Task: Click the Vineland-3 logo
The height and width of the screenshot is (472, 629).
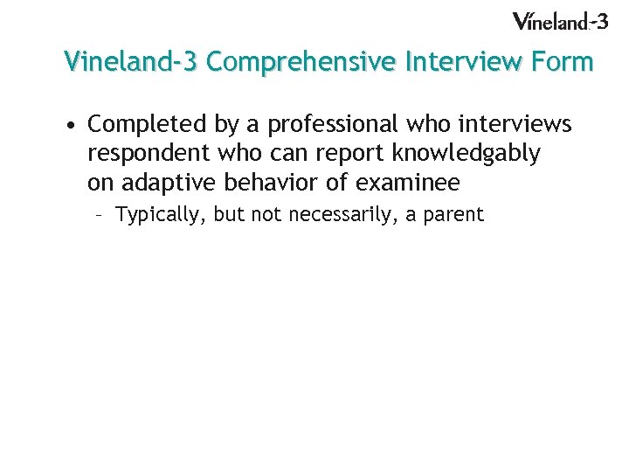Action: pos(559,21)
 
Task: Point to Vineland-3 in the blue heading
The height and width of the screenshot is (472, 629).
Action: pos(132,62)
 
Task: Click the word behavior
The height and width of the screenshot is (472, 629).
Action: pos(261,183)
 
